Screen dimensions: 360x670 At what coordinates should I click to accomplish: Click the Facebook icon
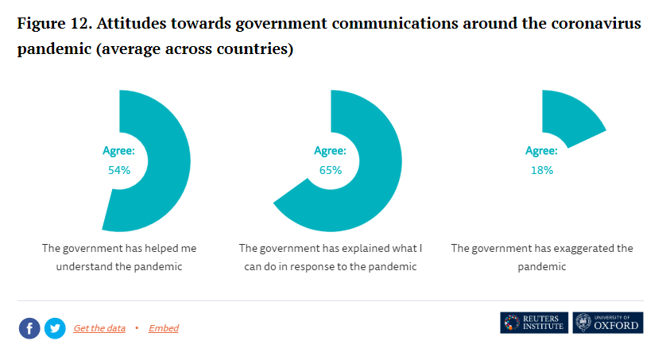(29, 328)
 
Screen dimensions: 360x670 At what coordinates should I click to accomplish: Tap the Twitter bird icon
(55, 328)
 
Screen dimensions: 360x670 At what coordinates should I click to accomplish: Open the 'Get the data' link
(99, 328)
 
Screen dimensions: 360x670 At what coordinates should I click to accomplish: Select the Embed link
(164, 328)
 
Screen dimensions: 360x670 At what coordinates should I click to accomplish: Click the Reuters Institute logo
(534, 323)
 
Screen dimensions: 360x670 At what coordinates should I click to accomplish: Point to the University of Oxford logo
(608, 323)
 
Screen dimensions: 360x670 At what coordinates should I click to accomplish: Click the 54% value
(118, 170)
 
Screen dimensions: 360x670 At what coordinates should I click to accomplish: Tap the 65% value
(330, 170)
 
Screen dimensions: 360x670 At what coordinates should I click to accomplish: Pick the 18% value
(541, 170)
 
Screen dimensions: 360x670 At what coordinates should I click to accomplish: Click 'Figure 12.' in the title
(52, 23)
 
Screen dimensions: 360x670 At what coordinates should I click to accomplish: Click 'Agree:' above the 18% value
(541, 151)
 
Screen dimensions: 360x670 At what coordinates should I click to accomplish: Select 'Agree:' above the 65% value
(330, 151)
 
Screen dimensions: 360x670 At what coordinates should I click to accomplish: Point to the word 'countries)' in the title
(253, 49)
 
